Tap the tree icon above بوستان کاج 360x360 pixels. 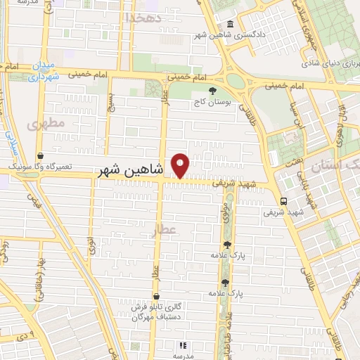[213, 91]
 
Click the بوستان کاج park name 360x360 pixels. [213, 102]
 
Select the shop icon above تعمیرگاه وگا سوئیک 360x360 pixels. [39, 156]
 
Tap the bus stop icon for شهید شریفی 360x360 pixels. [283, 200]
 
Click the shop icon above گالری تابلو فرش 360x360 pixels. [155, 296]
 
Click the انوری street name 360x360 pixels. [91, 245]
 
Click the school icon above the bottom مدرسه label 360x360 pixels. [181, 345]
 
